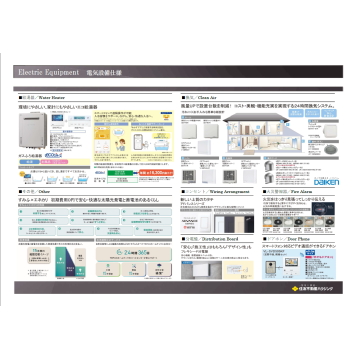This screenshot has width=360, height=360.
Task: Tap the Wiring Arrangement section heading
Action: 209,190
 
